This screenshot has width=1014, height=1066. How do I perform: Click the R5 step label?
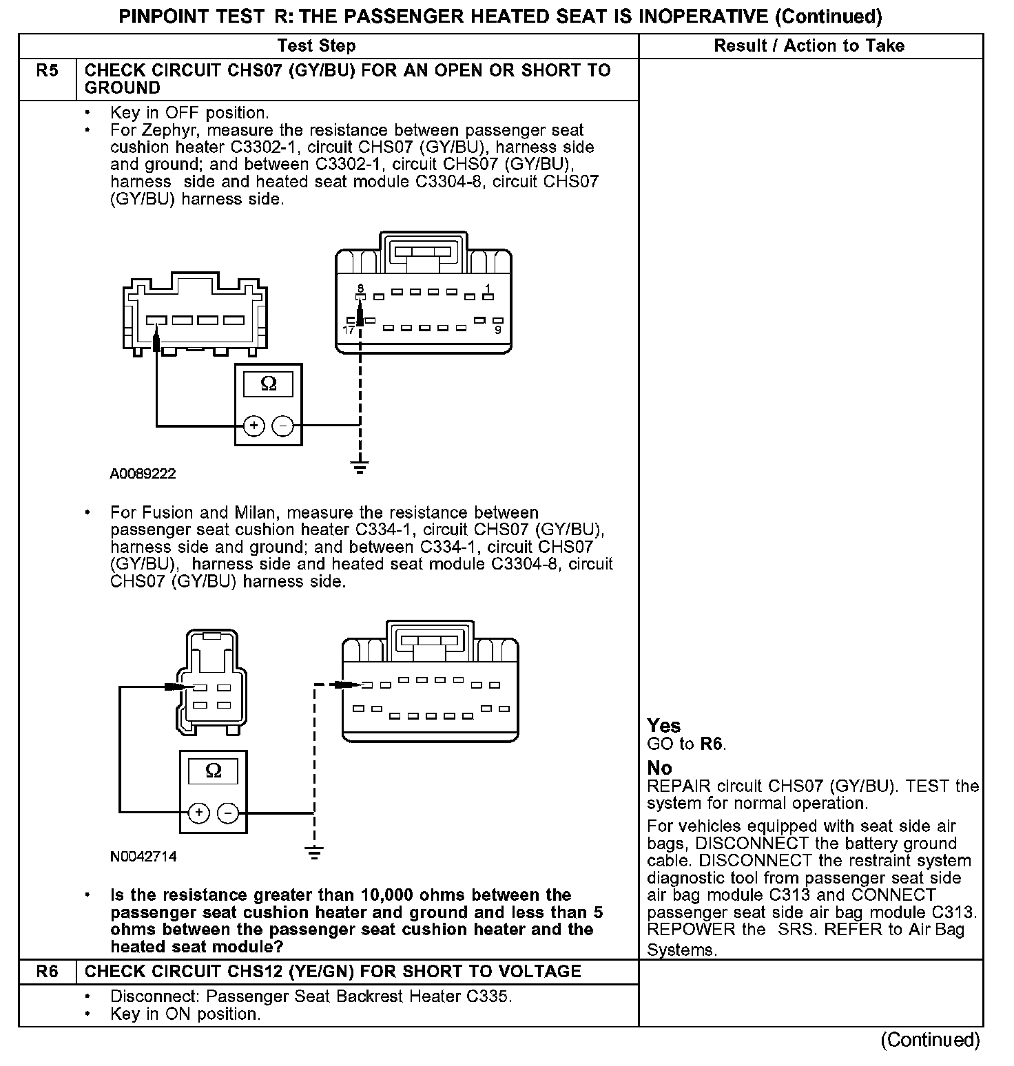pyautogui.click(x=47, y=70)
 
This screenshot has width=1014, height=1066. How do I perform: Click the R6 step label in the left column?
pyautogui.click(x=47, y=972)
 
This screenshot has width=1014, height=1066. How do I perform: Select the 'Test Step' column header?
pyautogui.click(x=316, y=46)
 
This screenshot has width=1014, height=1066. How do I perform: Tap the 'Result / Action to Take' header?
pyautogui.click(x=809, y=46)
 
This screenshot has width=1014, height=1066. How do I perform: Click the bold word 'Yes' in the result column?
pyautogui.click(x=663, y=726)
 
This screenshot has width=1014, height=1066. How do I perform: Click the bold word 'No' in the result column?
pyautogui.click(x=659, y=768)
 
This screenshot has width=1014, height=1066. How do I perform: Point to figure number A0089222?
pyautogui.click(x=143, y=474)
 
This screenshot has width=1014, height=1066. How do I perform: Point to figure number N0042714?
pyautogui.click(x=143, y=857)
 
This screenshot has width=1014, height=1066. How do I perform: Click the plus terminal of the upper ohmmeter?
pyautogui.click(x=254, y=426)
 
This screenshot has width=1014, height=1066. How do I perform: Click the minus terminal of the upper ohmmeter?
pyautogui.click(x=283, y=426)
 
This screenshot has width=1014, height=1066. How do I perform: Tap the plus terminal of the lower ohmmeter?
pyautogui.click(x=199, y=813)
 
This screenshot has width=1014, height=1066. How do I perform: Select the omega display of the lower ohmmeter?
pyautogui.click(x=214, y=771)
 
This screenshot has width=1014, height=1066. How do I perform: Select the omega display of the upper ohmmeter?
pyautogui.click(x=269, y=384)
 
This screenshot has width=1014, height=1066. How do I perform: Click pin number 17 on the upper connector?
pyautogui.click(x=349, y=331)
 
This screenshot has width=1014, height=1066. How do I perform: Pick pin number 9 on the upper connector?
pyautogui.click(x=498, y=331)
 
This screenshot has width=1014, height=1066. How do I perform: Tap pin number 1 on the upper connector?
pyautogui.click(x=488, y=288)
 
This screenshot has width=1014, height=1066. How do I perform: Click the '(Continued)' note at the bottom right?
pyautogui.click(x=930, y=1040)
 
